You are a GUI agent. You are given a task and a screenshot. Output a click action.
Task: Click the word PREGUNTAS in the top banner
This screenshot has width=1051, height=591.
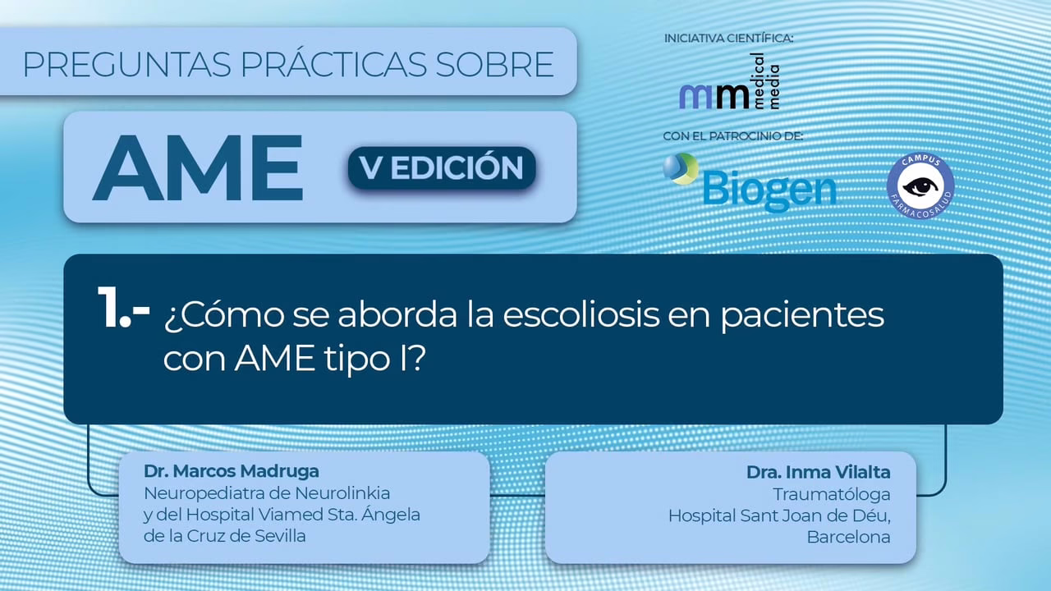point(126,64)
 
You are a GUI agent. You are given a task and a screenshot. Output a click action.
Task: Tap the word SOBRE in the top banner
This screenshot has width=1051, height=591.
point(494,64)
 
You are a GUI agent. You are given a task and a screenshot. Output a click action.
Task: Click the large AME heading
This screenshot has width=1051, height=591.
point(198,167)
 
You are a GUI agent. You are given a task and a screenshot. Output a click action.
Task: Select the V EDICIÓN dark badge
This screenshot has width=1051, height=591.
point(442,167)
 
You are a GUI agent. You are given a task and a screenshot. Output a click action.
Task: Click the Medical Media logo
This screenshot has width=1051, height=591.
point(729,82)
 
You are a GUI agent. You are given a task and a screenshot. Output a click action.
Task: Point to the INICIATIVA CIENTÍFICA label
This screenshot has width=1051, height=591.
point(728,39)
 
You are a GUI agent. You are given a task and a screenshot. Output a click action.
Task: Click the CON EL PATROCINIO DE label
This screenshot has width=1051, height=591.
point(733,136)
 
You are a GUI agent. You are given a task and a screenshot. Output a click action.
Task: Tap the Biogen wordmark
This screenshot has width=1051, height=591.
point(769,190)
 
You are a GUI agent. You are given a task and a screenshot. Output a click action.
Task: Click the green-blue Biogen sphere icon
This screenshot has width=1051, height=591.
point(681,168)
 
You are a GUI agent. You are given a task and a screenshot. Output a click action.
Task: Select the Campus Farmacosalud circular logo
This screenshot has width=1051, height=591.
point(920,186)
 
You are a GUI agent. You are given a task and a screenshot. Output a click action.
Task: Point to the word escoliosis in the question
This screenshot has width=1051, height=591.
point(581,314)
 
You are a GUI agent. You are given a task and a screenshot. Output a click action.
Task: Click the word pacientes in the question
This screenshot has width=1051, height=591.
point(802,317)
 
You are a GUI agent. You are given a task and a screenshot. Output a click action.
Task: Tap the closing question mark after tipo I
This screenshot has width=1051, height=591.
point(416,358)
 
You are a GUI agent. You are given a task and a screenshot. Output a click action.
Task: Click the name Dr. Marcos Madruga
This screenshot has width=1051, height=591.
point(232,471)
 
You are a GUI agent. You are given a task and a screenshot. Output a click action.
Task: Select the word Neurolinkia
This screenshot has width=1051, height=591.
point(342,493)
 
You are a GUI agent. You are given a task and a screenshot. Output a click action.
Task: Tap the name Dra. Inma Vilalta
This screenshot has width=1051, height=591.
point(819,472)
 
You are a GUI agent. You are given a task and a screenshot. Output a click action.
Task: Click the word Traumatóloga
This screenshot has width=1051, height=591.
point(832,494)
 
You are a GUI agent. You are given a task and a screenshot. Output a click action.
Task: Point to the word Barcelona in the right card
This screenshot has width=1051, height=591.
point(848,537)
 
